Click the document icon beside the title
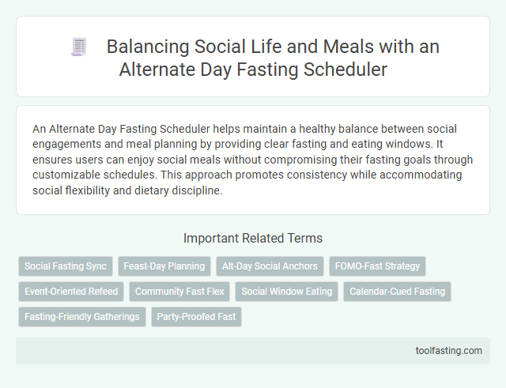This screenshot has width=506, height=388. pos(79,48)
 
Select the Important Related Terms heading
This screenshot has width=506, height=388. pos(252,238)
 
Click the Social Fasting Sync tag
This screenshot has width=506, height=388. pos(66,266)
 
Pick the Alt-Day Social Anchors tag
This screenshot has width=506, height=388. pos(270,266)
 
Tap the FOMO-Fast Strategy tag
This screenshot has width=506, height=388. pos(376,266)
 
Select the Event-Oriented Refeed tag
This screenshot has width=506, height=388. pos(71,292)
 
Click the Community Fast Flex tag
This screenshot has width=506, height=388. pos(179,292)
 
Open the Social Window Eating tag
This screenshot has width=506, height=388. pos(286,292)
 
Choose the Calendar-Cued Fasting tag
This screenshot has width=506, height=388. pos(398,292)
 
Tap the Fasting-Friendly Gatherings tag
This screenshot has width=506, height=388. pos(81,317)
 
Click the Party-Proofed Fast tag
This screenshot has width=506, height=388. pos(196,317)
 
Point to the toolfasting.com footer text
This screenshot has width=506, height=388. pos(449,351)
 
